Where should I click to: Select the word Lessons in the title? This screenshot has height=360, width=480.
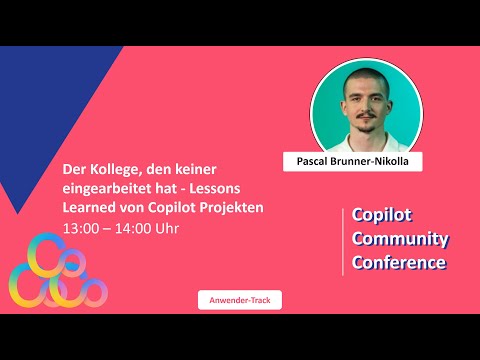pyautogui.click(x=241, y=189)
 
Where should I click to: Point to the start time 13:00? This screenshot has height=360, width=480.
pyautogui.click(x=81, y=228)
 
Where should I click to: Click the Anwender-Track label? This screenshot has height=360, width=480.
pyautogui.click(x=239, y=299)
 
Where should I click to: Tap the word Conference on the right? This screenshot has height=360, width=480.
pyautogui.click(x=399, y=263)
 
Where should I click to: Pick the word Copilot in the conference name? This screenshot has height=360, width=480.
pyautogui.click(x=382, y=215)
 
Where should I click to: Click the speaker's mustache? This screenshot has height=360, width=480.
pyautogui.click(x=362, y=126)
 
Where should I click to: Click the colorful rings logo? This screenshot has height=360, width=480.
pyautogui.click(x=54, y=270)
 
